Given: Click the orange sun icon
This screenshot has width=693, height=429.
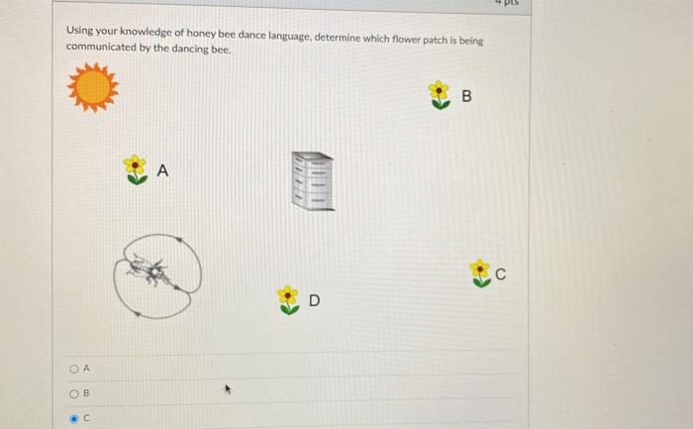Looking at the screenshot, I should [x=93, y=87].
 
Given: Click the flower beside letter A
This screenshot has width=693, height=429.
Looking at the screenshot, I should [x=136, y=169].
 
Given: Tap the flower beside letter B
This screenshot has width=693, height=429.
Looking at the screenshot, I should [x=439, y=95].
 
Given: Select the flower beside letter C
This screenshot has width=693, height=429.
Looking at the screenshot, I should [x=480, y=273].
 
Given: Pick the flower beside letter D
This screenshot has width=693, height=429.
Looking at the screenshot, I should [x=288, y=299].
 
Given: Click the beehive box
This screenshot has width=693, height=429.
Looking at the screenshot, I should [x=313, y=181].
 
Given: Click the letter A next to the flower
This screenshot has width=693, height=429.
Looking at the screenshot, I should [x=163, y=171].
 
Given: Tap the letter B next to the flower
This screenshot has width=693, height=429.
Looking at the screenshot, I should [x=467, y=97].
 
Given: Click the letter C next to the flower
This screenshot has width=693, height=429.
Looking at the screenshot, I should [x=502, y=275].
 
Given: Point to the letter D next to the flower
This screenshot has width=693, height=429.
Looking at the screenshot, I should [x=314, y=300].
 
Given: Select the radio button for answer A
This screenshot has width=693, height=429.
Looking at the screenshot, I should [x=73, y=369].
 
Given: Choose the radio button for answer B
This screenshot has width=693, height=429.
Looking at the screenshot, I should [x=73, y=393].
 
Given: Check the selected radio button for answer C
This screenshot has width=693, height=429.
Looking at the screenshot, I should [x=73, y=418].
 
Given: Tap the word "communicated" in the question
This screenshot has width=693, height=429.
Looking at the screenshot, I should [x=100, y=48].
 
